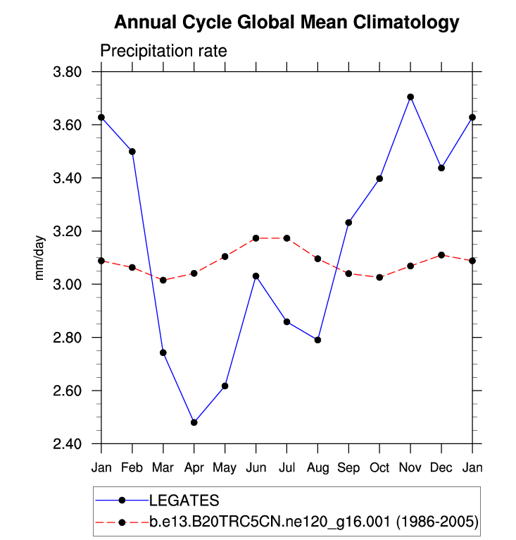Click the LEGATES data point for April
[x=194, y=422]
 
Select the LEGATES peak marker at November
[x=410, y=97]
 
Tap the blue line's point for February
[x=132, y=152]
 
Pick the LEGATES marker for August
[x=317, y=340]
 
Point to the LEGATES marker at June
[x=256, y=276]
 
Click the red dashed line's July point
[x=287, y=238]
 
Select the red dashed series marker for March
[x=163, y=280]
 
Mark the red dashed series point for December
[x=441, y=254]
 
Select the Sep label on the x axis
[x=348, y=468]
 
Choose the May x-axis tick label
[x=225, y=468]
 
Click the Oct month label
[x=379, y=468]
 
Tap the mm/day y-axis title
[x=40, y=258]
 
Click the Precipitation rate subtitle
[x=163, y=51]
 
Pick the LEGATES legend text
[x=184, y=501]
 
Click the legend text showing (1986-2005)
[x=436, y=522]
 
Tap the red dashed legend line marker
[x=122, y=522]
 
